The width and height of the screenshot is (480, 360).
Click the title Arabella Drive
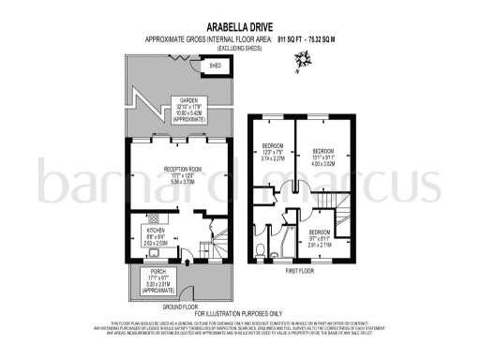pos(239,27)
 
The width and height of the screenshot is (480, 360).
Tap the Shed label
pos(215,67)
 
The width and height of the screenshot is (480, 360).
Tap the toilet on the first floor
pos(259,249)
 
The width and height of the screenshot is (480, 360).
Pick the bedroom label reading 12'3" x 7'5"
pos(270,154)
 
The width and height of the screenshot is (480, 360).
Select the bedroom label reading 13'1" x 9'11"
pos(323,156)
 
